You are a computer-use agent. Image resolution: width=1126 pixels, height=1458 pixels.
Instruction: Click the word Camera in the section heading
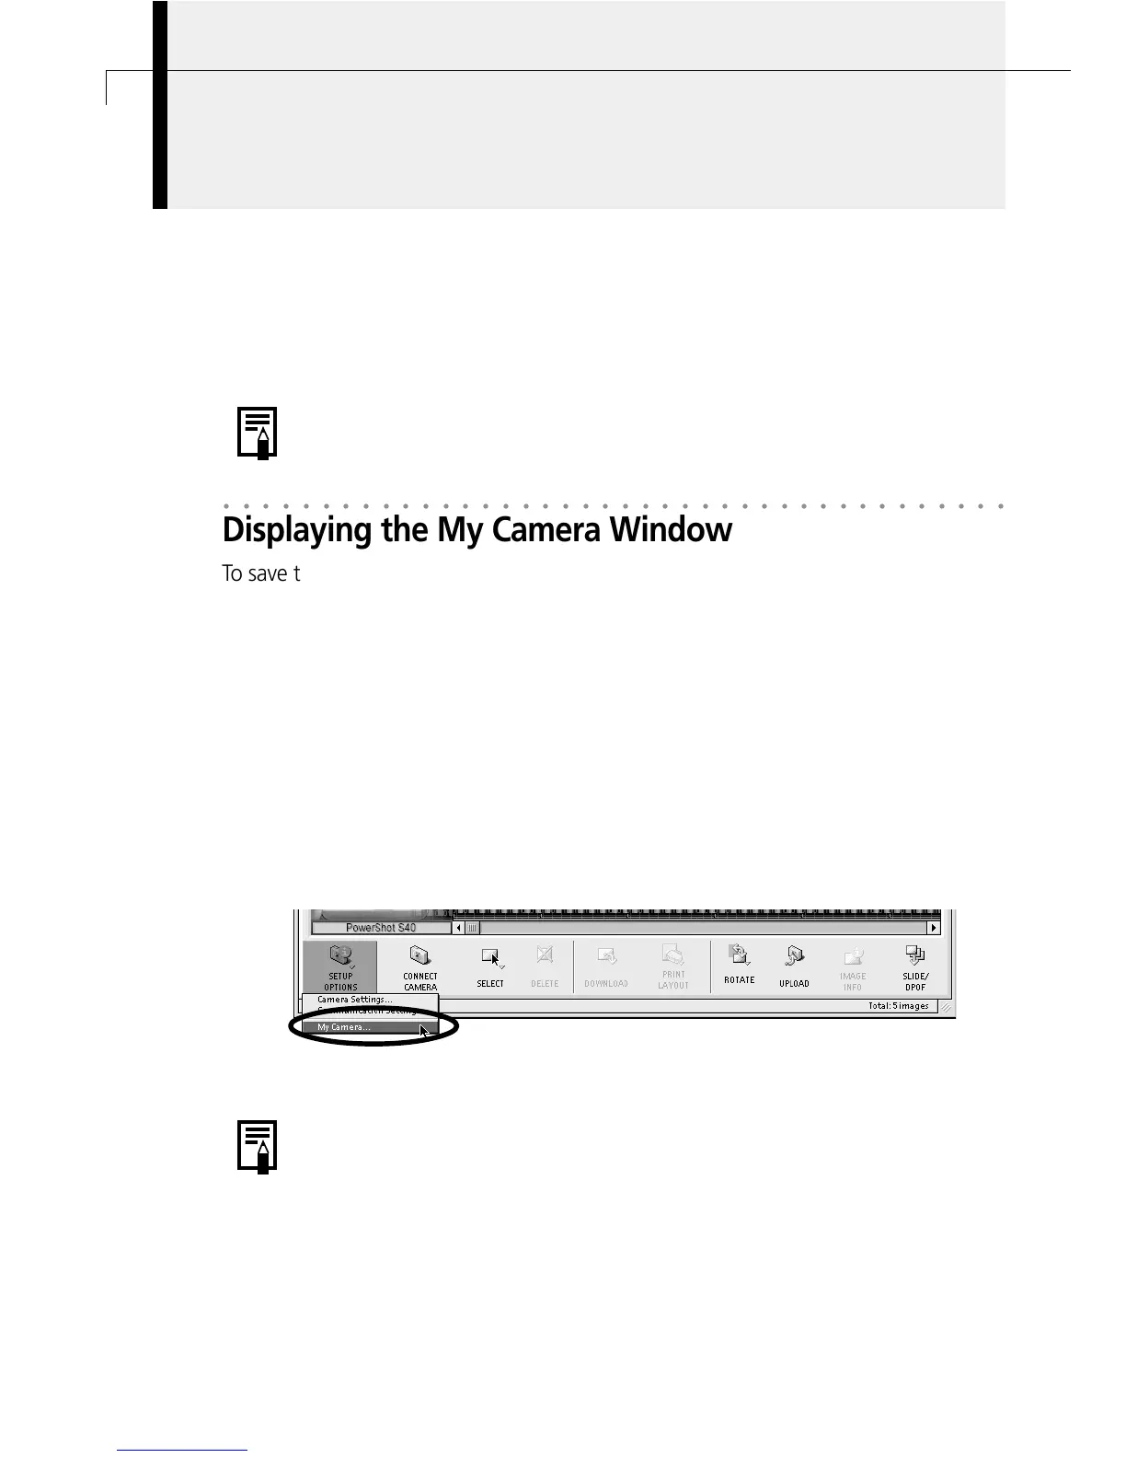pos(546,531)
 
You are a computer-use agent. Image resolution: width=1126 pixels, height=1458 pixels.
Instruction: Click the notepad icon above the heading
pos(258,433)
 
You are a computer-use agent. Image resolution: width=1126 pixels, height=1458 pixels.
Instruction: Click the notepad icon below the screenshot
pos(258,1146)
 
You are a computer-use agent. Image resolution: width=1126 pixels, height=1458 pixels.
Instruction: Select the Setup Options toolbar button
pos(340,967)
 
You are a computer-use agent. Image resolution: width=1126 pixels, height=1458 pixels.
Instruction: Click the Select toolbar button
pos(490,967)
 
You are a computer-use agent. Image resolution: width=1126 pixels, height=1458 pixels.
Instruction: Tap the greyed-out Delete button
pos(545,967)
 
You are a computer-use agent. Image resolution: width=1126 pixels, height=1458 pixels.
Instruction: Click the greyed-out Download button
pos(606,967)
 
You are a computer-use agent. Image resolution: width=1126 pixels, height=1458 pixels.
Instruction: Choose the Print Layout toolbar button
pos(673,967)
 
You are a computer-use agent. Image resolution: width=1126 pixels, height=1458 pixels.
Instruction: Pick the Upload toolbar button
pos(794,967)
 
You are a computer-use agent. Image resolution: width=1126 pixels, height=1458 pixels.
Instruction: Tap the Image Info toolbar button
pos(853,967)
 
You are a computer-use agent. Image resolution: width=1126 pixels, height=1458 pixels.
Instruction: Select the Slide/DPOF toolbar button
pos(915,967)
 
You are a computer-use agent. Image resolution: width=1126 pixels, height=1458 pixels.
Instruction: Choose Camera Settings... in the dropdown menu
pos(355,1000)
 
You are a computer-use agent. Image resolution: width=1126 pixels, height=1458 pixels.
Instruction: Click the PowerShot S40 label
pos(381,928)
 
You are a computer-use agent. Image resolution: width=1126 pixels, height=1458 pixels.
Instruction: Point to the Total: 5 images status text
pos(898,1006)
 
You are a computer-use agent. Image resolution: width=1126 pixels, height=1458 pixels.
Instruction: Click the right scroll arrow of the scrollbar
pos(934,928)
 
